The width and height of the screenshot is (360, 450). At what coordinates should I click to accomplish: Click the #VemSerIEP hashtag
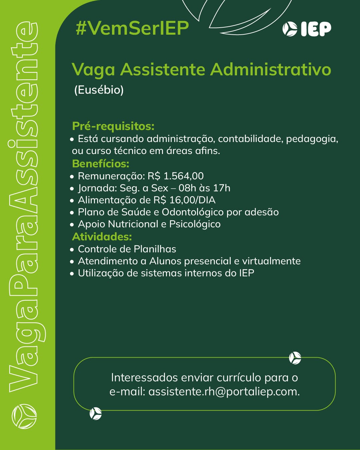point(132,28)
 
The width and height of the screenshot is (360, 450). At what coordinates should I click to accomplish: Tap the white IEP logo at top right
point(307,29)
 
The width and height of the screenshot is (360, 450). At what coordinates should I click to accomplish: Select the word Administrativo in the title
point(271,69)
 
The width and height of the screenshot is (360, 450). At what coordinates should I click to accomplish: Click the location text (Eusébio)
point(99,90)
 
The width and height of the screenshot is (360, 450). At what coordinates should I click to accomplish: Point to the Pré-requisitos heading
point(113,126)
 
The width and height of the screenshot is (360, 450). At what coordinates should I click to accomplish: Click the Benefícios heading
point(100,164)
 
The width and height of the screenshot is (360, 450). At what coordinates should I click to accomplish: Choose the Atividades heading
point(102,237)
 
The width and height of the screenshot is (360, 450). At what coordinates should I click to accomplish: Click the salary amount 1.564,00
point(183,176)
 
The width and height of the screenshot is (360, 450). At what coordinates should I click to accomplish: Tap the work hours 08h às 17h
point(204,188)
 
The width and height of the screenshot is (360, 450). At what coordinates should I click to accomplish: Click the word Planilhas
point(155,249)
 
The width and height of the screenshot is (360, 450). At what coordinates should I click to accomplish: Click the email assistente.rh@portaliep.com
point(224,391)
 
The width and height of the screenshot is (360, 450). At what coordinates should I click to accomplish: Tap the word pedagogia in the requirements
point(312,139)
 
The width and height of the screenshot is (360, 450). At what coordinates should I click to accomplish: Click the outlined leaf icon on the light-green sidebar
point(24,416)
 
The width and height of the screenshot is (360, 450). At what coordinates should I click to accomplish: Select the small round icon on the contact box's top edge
point(295,358)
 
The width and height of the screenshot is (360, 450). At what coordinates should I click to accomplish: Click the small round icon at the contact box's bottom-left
point(96,414)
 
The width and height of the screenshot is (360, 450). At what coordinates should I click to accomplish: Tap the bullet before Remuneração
point(72,177)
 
